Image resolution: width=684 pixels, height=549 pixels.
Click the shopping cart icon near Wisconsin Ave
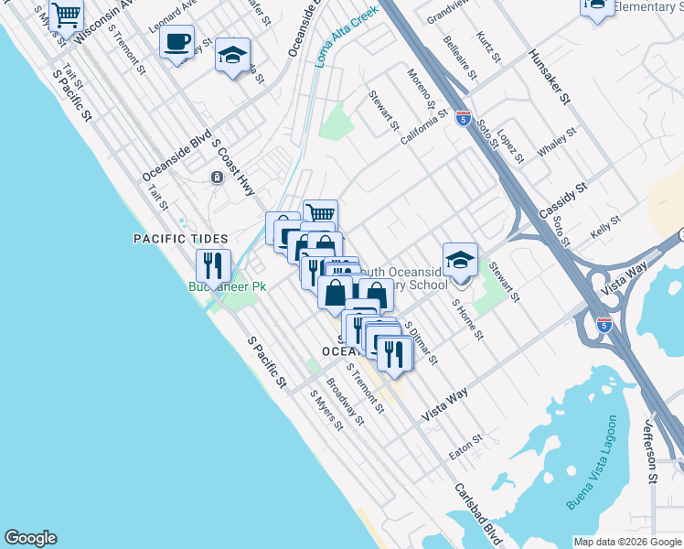click(66, 15)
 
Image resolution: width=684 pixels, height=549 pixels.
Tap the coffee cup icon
click(176, 42)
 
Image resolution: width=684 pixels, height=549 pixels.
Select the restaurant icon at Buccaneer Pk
click(213, 266)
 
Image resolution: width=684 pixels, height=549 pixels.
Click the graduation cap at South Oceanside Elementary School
click(460, 260)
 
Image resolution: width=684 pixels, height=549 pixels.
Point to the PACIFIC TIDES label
click(179, 239)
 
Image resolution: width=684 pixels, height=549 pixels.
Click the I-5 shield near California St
click(464, 118)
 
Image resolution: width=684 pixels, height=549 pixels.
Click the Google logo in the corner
click(30, 538)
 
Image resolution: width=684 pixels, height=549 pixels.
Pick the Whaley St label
click(558, 142)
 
